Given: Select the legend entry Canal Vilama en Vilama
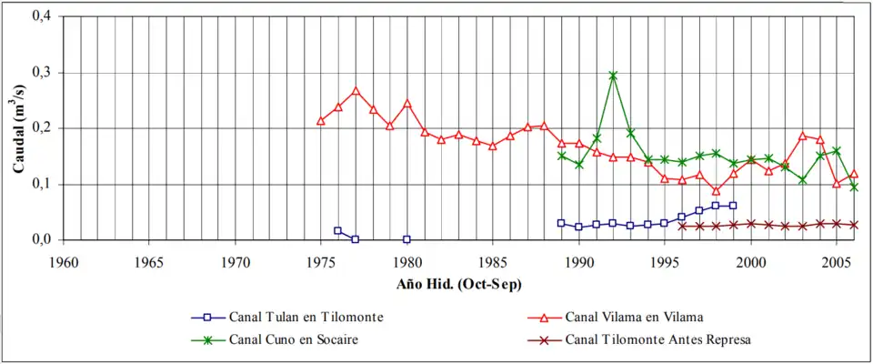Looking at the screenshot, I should coord(634,318).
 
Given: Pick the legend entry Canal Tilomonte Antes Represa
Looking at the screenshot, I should coord(657,340).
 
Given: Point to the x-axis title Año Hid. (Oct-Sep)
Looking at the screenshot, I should coord(458,285).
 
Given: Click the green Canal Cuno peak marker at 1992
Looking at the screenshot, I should coord(613,76).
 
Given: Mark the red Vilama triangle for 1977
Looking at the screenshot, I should coord(356,91).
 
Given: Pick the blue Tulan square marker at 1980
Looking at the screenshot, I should coord(406,239).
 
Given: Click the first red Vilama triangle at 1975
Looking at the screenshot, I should coord(321,121).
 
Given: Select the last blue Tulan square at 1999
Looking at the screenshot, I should coord(733,206).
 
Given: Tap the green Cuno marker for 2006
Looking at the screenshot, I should coord(854,187).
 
